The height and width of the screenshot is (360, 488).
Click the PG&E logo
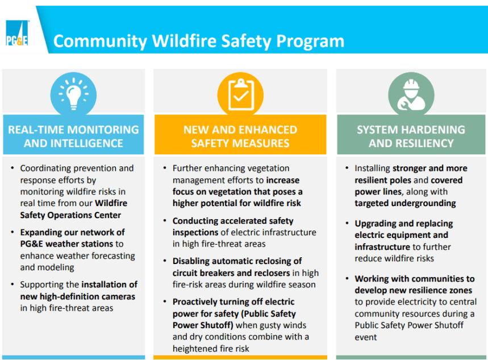17,34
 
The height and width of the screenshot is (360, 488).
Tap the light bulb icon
73,94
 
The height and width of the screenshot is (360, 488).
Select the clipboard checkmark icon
240,95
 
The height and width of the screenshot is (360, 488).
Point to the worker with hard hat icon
411,95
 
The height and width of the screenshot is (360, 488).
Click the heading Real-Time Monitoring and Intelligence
73,136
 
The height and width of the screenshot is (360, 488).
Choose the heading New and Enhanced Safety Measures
240,136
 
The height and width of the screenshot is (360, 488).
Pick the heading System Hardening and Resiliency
411,136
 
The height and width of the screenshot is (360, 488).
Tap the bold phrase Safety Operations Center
70,215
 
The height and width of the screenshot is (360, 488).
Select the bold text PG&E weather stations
66,244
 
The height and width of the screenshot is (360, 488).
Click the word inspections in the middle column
195,233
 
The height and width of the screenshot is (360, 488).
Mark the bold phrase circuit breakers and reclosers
231,273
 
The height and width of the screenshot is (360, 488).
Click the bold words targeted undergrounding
405,203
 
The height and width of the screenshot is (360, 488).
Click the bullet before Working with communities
347,278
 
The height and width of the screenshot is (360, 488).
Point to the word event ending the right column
366,337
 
